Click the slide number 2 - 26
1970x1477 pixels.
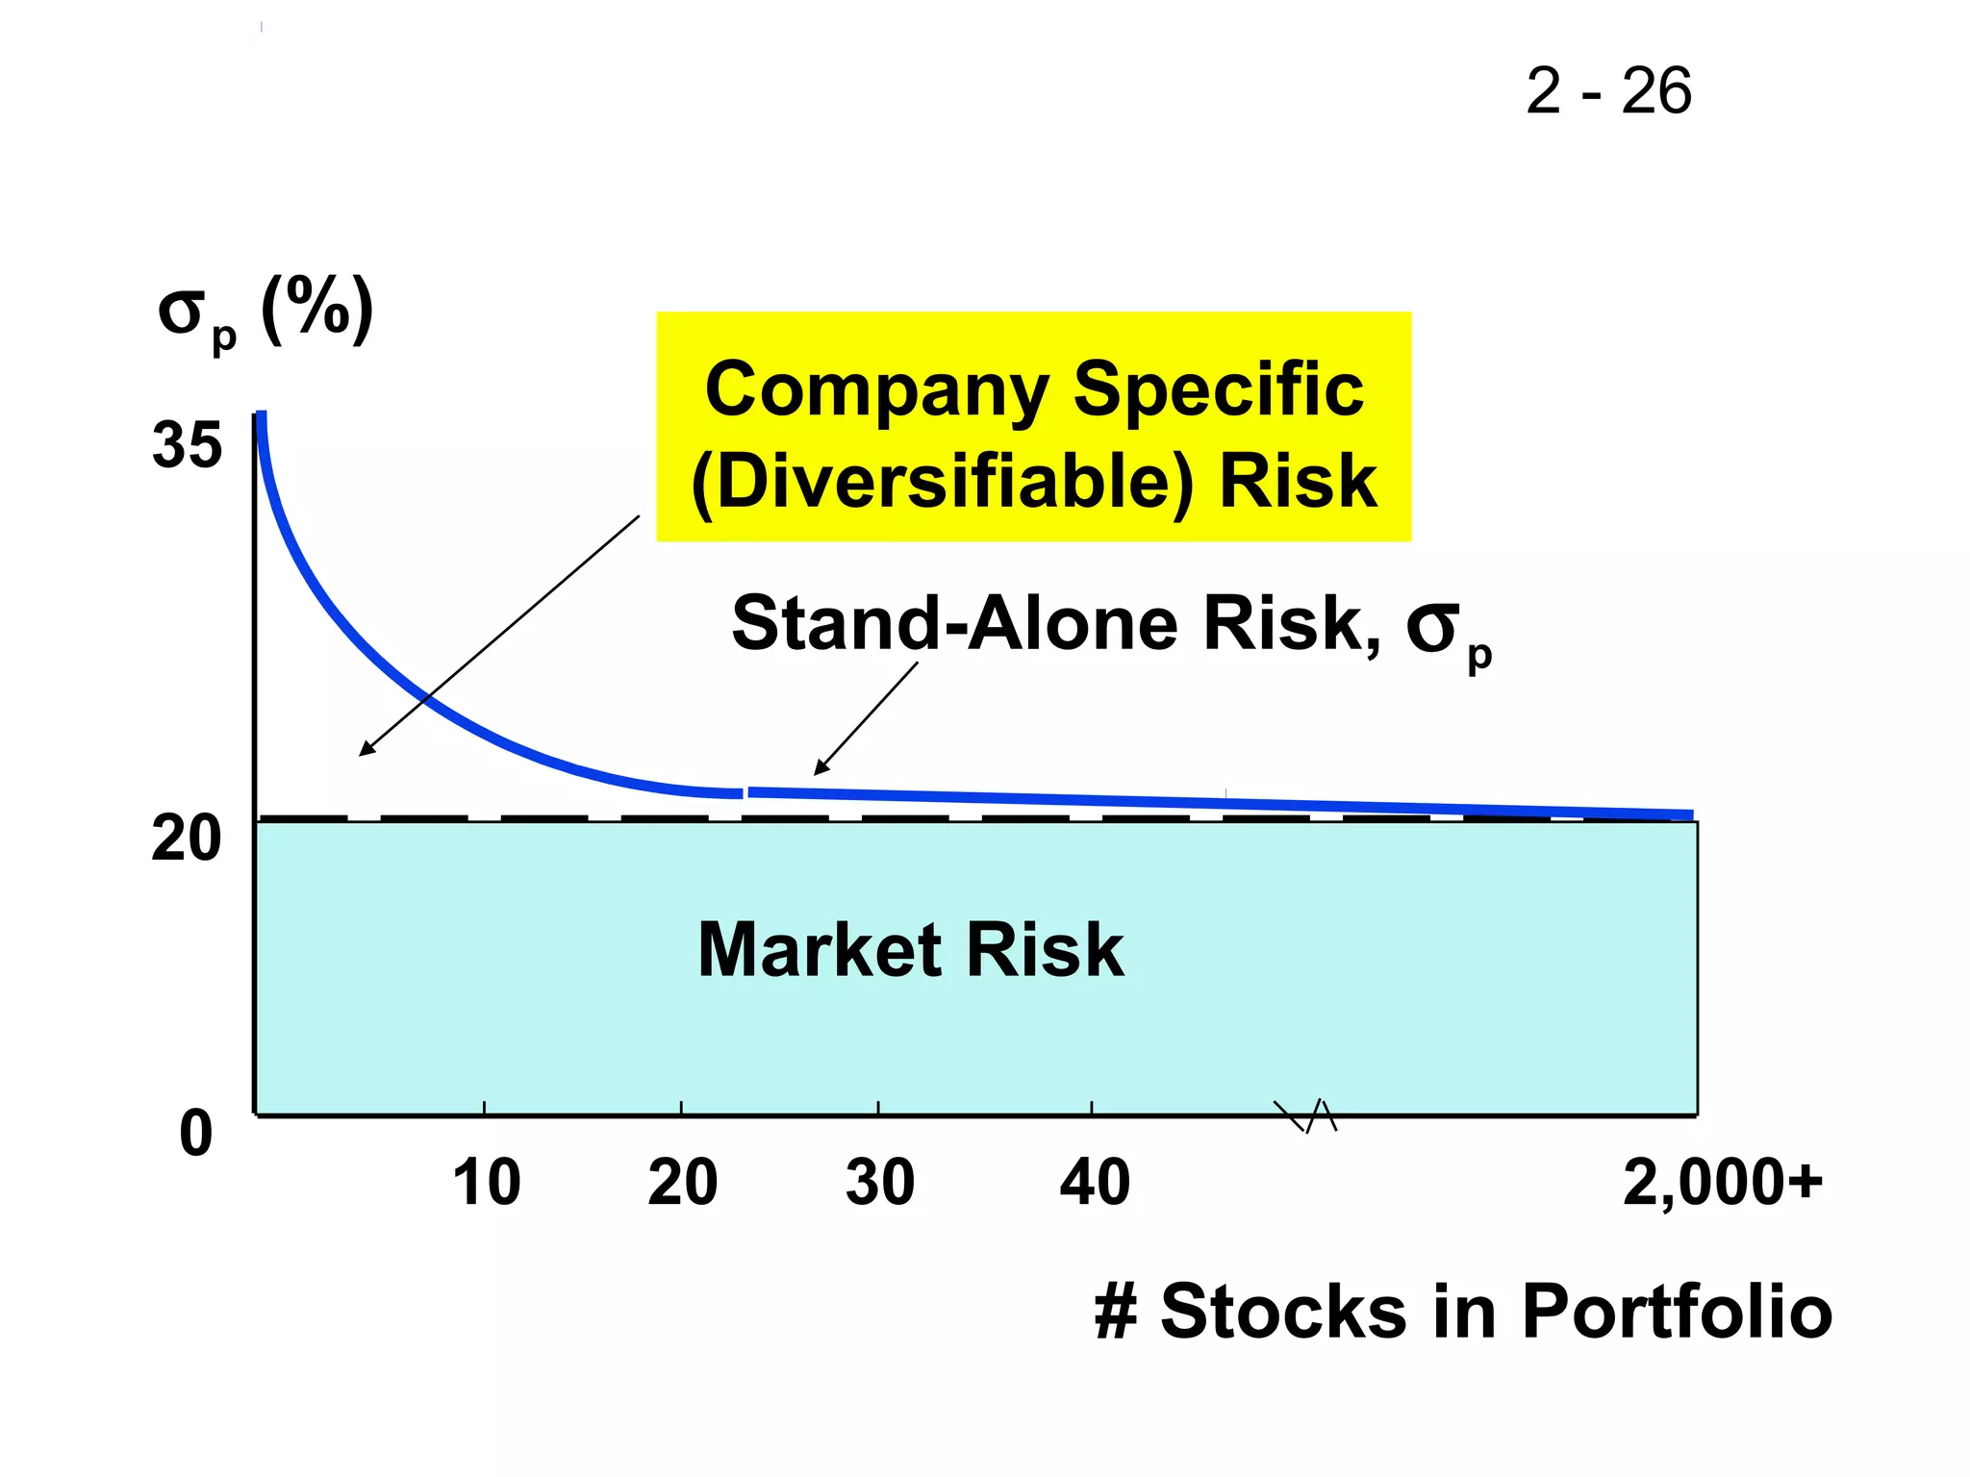pyautogui.click(x=1608, y=92)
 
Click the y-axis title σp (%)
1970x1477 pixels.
pyautogui.click(x=265, y=313)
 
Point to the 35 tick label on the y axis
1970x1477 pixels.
pyautogui.click(x=187, y=445)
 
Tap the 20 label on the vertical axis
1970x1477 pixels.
pyautogui.click(x=187, y=839)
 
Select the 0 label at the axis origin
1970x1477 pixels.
pyautogui.click(x=196, y=1133)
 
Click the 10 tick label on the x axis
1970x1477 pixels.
pyautogui.click(x=487, y=1182)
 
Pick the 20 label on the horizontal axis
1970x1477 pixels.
pyautogui.click(x=683, y=1182)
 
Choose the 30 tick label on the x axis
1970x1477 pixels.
pyautogui.click(x=880, y=1182)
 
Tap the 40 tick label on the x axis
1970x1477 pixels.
pyautogui.click(x=1095, y=1182)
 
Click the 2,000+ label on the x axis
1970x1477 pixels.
pyautogui.click(x=1723, y=1182)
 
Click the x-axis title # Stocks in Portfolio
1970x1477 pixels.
pyautogui.click(x=1463, y=1311)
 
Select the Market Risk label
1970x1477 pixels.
pyautogui.click(x=911, y=950)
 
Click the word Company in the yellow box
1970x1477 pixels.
pyautogui.click(x=876, y=390)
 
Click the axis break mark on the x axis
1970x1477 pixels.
pyautogui.click(x=1306, y=1115)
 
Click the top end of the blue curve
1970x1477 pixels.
pyautogui.click(x=261, y=416)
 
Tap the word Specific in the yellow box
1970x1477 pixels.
pyautogui.click(x=1218, y=390)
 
